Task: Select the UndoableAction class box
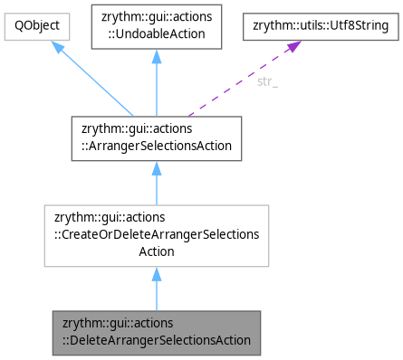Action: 157,27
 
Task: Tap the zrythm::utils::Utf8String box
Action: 320,27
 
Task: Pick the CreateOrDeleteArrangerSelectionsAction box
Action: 157,235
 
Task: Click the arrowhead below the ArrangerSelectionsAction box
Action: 157,169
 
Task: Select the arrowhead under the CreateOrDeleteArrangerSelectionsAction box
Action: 157,275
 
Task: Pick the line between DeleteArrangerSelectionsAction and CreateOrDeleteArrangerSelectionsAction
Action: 157,294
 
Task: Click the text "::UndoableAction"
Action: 157,34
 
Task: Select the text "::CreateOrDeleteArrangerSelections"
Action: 157,235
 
